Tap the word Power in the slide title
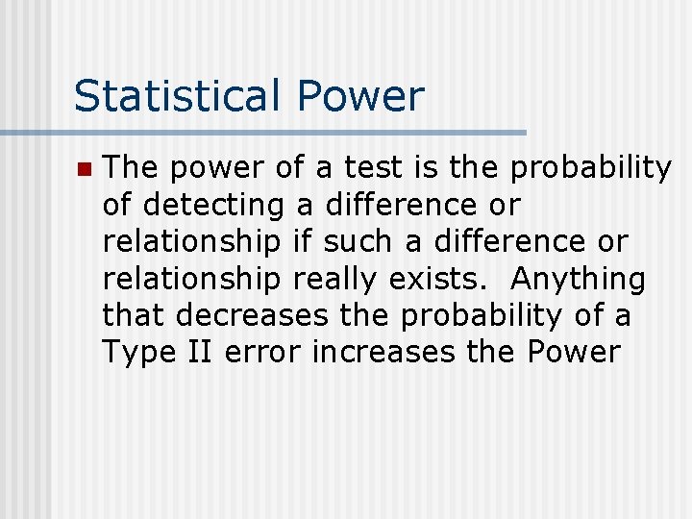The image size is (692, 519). pos(360,96)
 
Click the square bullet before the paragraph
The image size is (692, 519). pos(84,170)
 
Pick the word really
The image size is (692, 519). pos(336,279)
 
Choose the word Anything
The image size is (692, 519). pos(579,279)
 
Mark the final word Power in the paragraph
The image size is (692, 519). pos(574,352)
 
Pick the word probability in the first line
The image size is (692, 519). pos(591,169)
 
